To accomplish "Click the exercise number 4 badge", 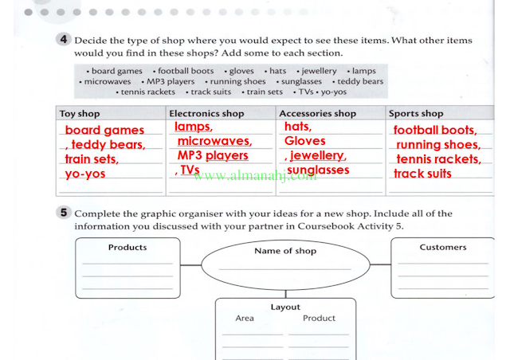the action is tap(64, 39).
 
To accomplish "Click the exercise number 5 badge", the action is tap(64, 213).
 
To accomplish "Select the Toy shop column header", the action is tap(80, 114).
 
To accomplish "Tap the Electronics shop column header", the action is tap(206, 114).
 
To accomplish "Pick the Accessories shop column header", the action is tap(317, 114).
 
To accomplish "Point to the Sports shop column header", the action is tap(416, 114).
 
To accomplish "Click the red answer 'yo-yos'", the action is tap(85, 174).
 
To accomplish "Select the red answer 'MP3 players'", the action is tap(213, 155).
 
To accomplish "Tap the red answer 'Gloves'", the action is tap(304, 141).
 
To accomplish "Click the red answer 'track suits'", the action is tap(422, 174).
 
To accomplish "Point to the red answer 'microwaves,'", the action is tap(214, 141).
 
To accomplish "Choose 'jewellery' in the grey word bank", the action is tap(319, 71).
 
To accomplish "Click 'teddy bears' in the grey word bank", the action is tap(360, 81).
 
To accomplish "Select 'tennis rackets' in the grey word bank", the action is tap(148, 92).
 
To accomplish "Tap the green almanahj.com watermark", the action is tap(255, 176).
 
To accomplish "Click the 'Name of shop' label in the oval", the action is tap(285, 251).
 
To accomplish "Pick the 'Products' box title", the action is tap(127, 248).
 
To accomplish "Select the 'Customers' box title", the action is tap(443, 247).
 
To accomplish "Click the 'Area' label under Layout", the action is tap(245, 318).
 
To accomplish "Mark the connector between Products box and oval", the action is tap(191, 265).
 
